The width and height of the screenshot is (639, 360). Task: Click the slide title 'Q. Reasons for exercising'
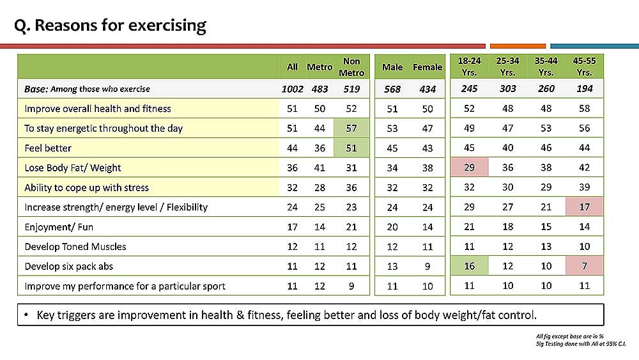tap(110, 26)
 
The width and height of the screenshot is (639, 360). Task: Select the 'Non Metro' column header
tap(351, 67)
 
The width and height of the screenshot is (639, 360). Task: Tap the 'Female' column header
tap(427, 67)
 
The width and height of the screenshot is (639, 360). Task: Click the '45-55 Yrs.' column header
tap(584, 67)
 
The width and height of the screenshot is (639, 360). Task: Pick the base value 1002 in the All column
tap(292, 89)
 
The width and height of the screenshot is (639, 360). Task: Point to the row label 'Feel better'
tap(48, 148)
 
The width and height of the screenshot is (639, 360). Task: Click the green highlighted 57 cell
tap(351, 128)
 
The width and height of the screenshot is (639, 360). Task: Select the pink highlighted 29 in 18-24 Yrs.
tap(469, 167)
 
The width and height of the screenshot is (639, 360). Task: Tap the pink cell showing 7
tap(584, 266)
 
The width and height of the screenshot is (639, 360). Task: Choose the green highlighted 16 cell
tap(469, 266)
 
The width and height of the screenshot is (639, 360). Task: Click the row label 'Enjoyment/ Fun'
tap(59, 227)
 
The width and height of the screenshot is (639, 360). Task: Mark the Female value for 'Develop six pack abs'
tap(427, 266)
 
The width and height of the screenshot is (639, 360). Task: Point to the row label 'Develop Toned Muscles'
tap(75, 247)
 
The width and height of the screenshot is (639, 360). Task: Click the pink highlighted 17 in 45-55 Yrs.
tap(584, 207)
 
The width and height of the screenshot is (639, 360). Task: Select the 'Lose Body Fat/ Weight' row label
tap(73, 168)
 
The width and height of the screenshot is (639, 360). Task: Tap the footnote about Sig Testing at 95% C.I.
tap(581, 343)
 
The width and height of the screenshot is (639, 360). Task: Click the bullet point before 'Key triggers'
tap(26, 315)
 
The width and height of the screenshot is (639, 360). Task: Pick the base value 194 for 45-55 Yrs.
tap(584, 88)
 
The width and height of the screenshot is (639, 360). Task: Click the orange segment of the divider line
tap(518, 46)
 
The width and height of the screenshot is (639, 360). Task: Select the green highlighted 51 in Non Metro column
tap(351, 148)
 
